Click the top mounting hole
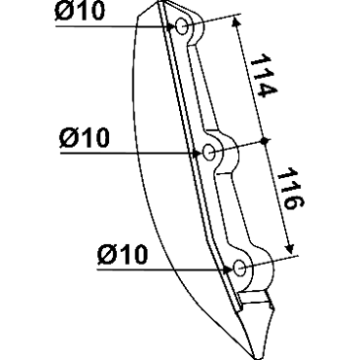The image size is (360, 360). [182, 26]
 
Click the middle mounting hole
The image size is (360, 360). [209, 151]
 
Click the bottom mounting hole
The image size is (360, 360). [239, 268]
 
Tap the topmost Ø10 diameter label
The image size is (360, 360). [80, 12]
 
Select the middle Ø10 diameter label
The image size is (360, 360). [85, 137]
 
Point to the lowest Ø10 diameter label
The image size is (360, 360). [123, 254]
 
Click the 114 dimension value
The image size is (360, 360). [264, 76]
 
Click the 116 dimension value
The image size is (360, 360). [290, 189]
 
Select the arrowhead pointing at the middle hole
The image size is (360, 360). [198, 153]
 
